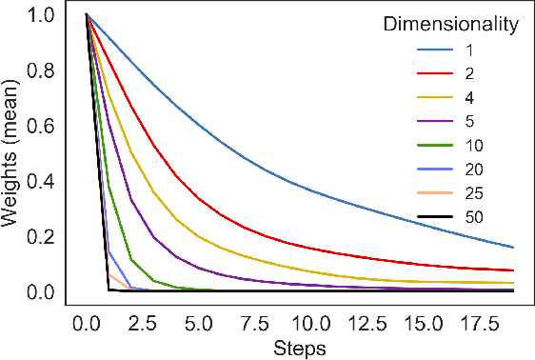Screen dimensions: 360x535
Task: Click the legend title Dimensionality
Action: coord(451,24)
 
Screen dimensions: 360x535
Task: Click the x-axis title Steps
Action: coord(300,348)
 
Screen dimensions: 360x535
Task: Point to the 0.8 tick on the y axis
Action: coord(43,70)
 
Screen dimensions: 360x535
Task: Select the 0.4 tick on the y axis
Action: coord(43,181)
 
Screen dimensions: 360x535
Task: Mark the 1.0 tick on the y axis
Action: coord(43,15)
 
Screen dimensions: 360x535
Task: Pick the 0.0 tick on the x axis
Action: coord(87,323)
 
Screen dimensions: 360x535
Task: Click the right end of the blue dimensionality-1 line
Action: coord(513,248)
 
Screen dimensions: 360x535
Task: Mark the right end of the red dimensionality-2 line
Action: coord(513,270)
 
